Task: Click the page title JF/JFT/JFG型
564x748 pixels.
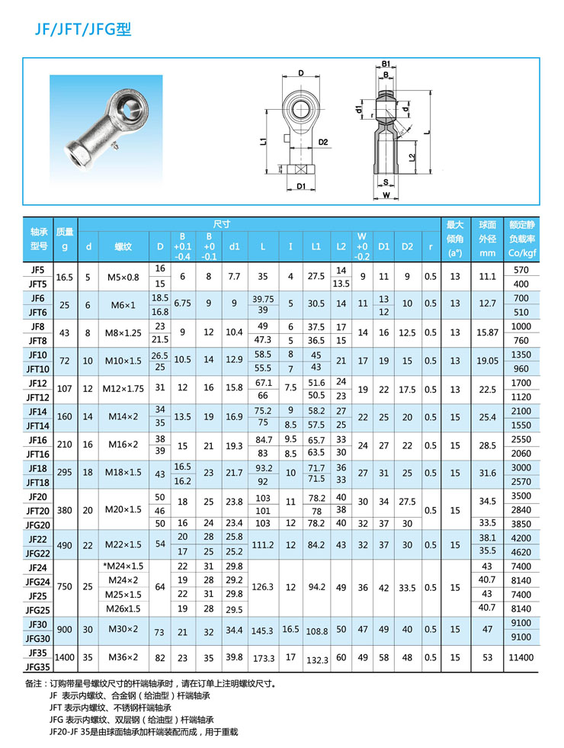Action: click(83, 30)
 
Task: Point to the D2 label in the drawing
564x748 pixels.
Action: click(322, 142)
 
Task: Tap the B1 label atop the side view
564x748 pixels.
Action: click(386, 63)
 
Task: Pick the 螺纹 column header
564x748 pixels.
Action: click(123, 246)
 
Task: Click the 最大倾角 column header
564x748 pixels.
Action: click(455, 239)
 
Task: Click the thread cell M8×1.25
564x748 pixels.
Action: click(123, 332)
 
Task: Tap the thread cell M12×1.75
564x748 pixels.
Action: click(123, 388)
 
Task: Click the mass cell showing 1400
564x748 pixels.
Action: click(66, 657)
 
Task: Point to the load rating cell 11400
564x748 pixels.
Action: click(521, 657)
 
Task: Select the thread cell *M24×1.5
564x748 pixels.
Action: click(123, 567)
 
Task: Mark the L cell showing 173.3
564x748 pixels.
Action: click(263, 657)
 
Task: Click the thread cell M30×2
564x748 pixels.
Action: click(123, 630)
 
